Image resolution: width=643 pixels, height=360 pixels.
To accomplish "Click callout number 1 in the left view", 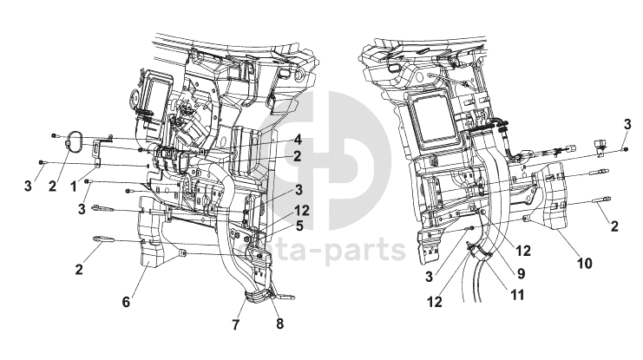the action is click(x=73, y=187).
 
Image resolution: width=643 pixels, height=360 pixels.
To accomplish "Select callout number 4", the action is click(x=297, y=140).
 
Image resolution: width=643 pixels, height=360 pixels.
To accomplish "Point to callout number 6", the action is click(x=127, y=302).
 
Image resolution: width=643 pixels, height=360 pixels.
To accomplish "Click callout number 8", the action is click(x=279, y=325).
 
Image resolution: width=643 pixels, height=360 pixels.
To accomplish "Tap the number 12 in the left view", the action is click(x=300, y=209).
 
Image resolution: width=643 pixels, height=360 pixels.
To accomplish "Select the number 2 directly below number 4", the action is click(x=297, y=156).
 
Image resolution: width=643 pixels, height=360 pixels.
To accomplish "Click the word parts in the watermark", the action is click(x=365, y=251).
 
